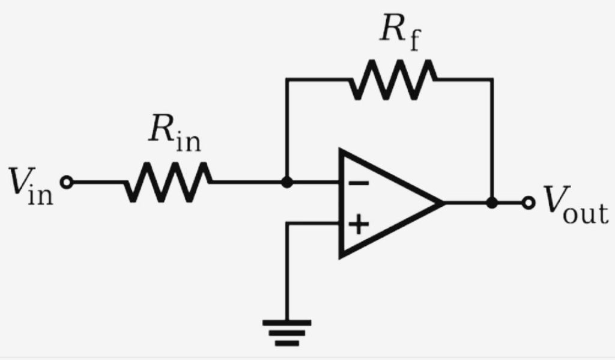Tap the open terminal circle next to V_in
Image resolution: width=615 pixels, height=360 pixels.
[68, 182]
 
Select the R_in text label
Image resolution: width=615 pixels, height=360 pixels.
[174, 136]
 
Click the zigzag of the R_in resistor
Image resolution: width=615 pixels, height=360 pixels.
[169, 182]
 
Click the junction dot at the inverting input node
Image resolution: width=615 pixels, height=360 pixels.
[288, 182]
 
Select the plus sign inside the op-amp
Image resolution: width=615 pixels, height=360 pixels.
[359, 225]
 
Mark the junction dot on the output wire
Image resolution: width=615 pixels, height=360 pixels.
[492, 203]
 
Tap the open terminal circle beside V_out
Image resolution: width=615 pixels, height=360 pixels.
[529, 203]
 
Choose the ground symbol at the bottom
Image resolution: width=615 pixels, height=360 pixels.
[288, 332]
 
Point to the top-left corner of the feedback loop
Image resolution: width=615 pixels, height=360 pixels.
[288, 79]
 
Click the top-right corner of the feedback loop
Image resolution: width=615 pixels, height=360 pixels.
[492, 79]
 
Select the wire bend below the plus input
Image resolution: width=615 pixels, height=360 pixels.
[288, 225]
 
